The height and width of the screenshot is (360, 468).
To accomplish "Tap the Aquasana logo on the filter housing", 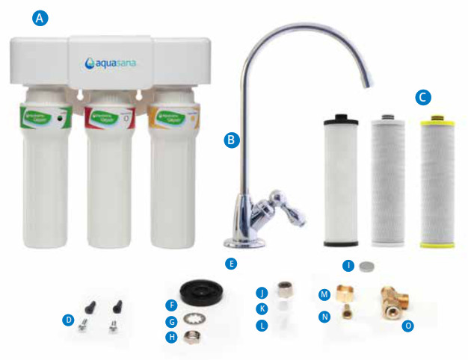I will [x=110, y=62].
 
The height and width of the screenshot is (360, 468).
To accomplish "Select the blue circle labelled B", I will [x=232, y=139].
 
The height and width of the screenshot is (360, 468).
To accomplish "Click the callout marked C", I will [x=424, y=97].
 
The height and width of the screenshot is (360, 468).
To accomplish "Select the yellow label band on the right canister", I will [x=175, y=117].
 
